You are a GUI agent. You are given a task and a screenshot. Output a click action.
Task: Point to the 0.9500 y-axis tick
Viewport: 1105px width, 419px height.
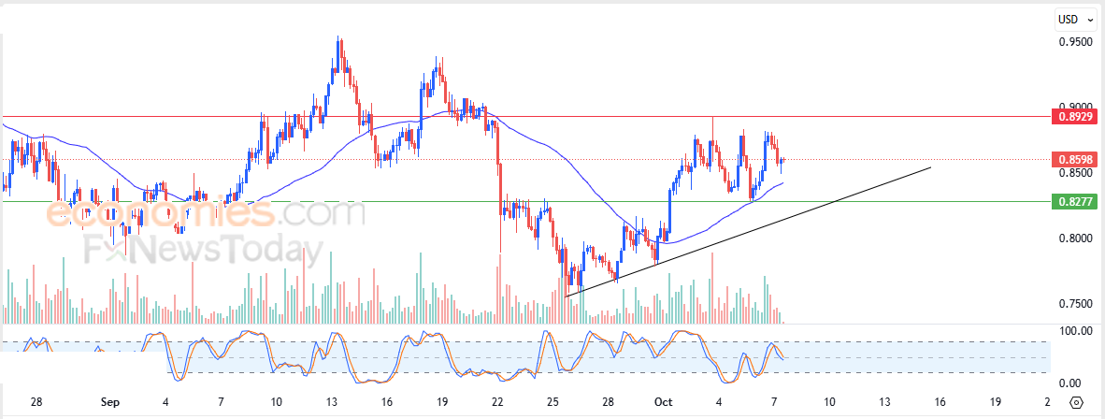(x=1074, y=42)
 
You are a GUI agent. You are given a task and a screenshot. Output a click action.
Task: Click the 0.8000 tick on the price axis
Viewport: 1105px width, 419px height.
(x=1074, y=238)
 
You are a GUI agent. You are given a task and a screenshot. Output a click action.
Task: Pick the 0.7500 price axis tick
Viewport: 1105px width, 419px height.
(x=1074, y=304)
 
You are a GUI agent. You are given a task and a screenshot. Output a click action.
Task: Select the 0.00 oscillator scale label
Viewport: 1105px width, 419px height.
(x=1075, y=383)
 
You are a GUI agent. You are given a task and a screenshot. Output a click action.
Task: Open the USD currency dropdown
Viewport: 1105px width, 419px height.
(x=1074, y=19)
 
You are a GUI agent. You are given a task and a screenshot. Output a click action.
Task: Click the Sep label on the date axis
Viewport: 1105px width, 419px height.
(x=109, y=402)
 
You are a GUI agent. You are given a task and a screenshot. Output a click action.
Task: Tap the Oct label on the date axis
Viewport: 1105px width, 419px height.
(x=663, y=402)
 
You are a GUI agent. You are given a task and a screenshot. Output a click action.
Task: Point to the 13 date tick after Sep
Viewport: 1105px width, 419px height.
(x=331, y=402)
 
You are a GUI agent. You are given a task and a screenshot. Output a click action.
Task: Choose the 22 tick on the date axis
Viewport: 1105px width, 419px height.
(x=497, y=402)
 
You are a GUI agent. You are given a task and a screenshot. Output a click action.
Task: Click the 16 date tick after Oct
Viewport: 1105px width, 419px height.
(x=940, y=402)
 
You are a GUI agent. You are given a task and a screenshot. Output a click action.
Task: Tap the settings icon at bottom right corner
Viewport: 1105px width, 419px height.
(x=1076, y=402)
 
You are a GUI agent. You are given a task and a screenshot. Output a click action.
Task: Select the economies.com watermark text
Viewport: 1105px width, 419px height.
(x=206, y=214)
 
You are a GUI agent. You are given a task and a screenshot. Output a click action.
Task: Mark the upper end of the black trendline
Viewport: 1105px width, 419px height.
(x=930, y=167)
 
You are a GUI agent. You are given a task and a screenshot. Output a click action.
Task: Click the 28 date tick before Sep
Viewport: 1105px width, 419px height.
(x=36, y=402)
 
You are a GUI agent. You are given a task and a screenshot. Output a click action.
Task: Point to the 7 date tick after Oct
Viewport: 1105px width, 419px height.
(x=773, y=402)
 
